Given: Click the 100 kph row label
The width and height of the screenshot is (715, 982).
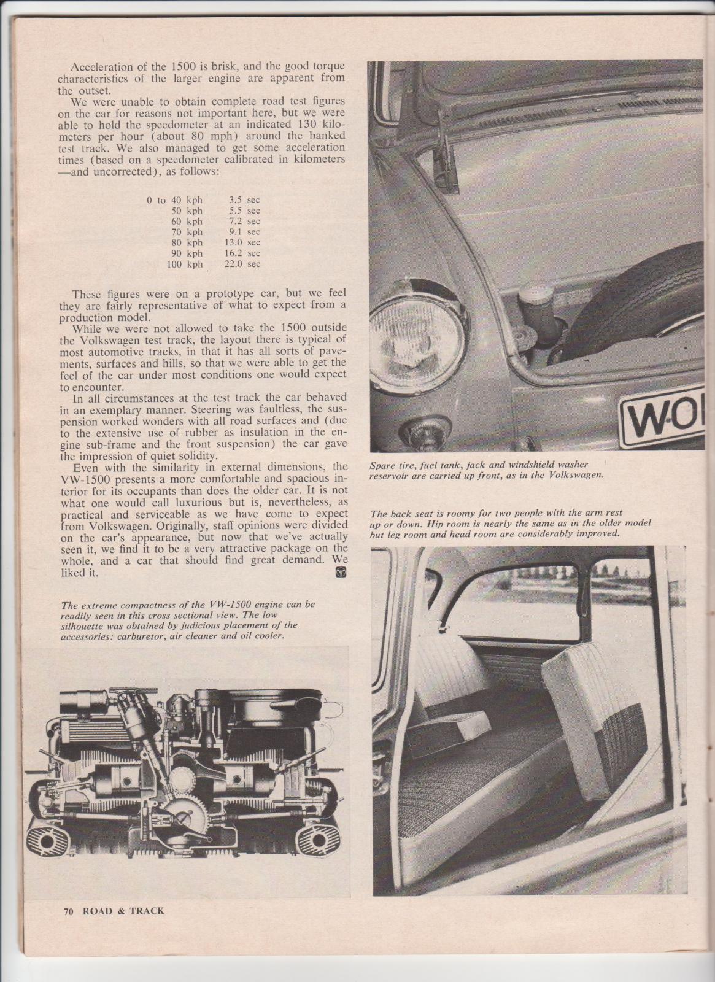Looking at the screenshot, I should point(185,264).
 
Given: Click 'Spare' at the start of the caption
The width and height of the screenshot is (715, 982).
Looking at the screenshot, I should point(384,466).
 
